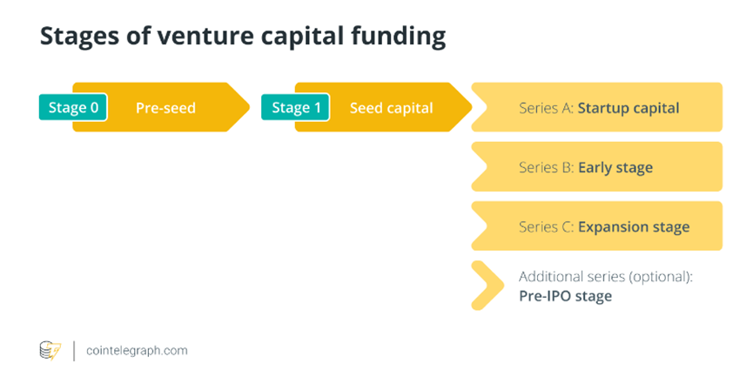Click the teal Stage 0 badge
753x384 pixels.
(73, 107)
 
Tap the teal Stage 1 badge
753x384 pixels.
(295, 107)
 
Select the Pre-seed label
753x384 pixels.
(165, 108)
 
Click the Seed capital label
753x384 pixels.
(392, 108)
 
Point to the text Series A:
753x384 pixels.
(546, 108)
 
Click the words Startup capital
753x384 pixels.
(629, 109)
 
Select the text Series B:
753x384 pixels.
(546, 167)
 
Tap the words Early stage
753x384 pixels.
(615, 168)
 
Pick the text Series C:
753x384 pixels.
(546, 226)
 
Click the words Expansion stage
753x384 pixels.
(634, 227)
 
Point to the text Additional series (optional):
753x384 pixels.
(606, 277)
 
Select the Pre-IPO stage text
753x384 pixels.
(565, 296)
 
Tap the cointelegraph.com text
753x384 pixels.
(137, 351)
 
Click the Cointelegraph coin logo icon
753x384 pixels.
(50, 351)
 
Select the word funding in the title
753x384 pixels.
(398, 37)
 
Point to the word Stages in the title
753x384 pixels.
(80, 37)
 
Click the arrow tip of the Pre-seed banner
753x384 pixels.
(250, 107)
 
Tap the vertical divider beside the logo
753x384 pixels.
(74, 351)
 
